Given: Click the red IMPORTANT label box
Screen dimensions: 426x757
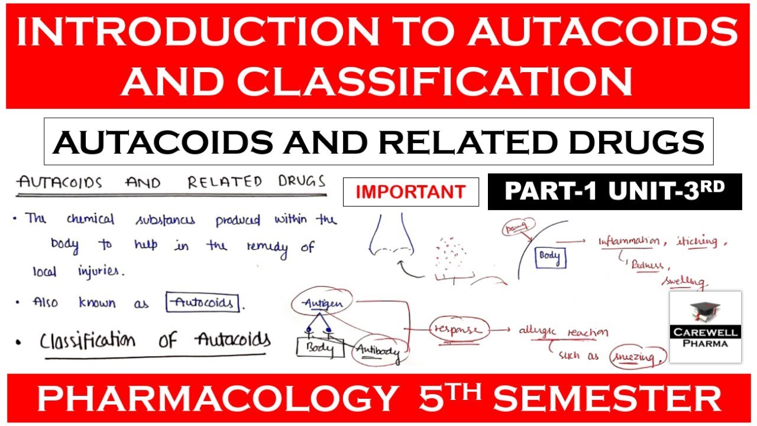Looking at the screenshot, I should (x=410, y=192).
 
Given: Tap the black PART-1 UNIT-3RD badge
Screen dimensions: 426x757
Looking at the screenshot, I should (x=614, y=191).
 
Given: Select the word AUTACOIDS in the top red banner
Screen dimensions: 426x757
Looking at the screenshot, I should (x=603, y=34).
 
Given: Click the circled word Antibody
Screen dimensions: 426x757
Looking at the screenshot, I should (x=377, y=353).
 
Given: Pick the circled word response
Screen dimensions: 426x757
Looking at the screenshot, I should (x=460, y=329).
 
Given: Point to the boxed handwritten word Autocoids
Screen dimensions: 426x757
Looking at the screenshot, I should (x=203, y=303).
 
